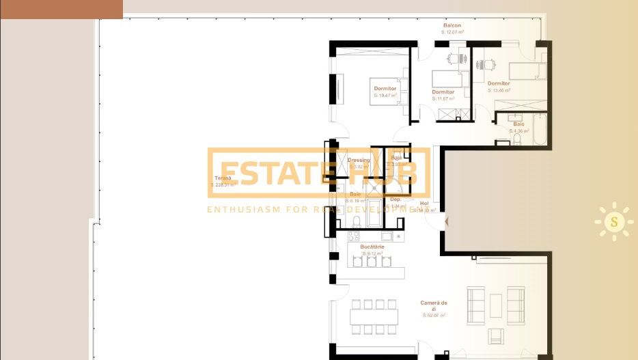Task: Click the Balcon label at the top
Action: point(452,25)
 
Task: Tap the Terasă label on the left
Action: point(223,178)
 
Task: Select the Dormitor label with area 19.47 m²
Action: point(385,89)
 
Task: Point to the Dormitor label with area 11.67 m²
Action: point(443,92)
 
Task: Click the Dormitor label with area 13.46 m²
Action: point(499,83)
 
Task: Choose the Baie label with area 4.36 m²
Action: point(518,124)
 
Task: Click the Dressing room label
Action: point(359,161)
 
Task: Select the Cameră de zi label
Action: point(434,305)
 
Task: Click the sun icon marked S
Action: point(613,221)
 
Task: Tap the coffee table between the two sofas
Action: point(495,301)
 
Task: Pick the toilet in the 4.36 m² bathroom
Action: point(516,139)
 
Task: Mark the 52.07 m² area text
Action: point(434,316)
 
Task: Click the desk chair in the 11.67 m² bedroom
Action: point(454,59)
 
